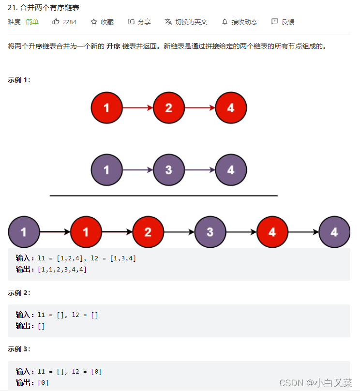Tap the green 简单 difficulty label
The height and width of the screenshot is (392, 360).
tap(32, 22)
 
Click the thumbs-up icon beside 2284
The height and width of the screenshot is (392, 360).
tap(56, 22)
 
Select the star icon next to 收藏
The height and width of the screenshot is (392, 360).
tap(94, 22)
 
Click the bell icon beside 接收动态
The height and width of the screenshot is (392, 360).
tap(225, 22)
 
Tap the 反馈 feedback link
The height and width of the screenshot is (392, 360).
tap(287, 22)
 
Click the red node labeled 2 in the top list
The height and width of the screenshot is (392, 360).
tap(168, 108)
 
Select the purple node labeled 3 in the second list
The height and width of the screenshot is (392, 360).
tap(168, 170)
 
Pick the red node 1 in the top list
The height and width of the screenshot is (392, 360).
tap(106, 108)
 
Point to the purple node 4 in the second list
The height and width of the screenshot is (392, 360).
tap(231, 170)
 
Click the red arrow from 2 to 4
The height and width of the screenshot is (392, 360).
tap(200, 108)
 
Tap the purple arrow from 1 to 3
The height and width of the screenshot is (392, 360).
tap(137, 170)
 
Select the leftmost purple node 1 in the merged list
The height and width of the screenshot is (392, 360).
tap(24, 232)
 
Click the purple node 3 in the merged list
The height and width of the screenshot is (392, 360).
tap(210, 232)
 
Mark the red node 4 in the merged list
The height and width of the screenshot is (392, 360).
tap(272, 232)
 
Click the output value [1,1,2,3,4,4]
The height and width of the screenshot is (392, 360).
tap(62, 270)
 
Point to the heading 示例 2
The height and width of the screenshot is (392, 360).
tap(19, 293)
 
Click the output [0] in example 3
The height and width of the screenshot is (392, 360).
tap(43, 383)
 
